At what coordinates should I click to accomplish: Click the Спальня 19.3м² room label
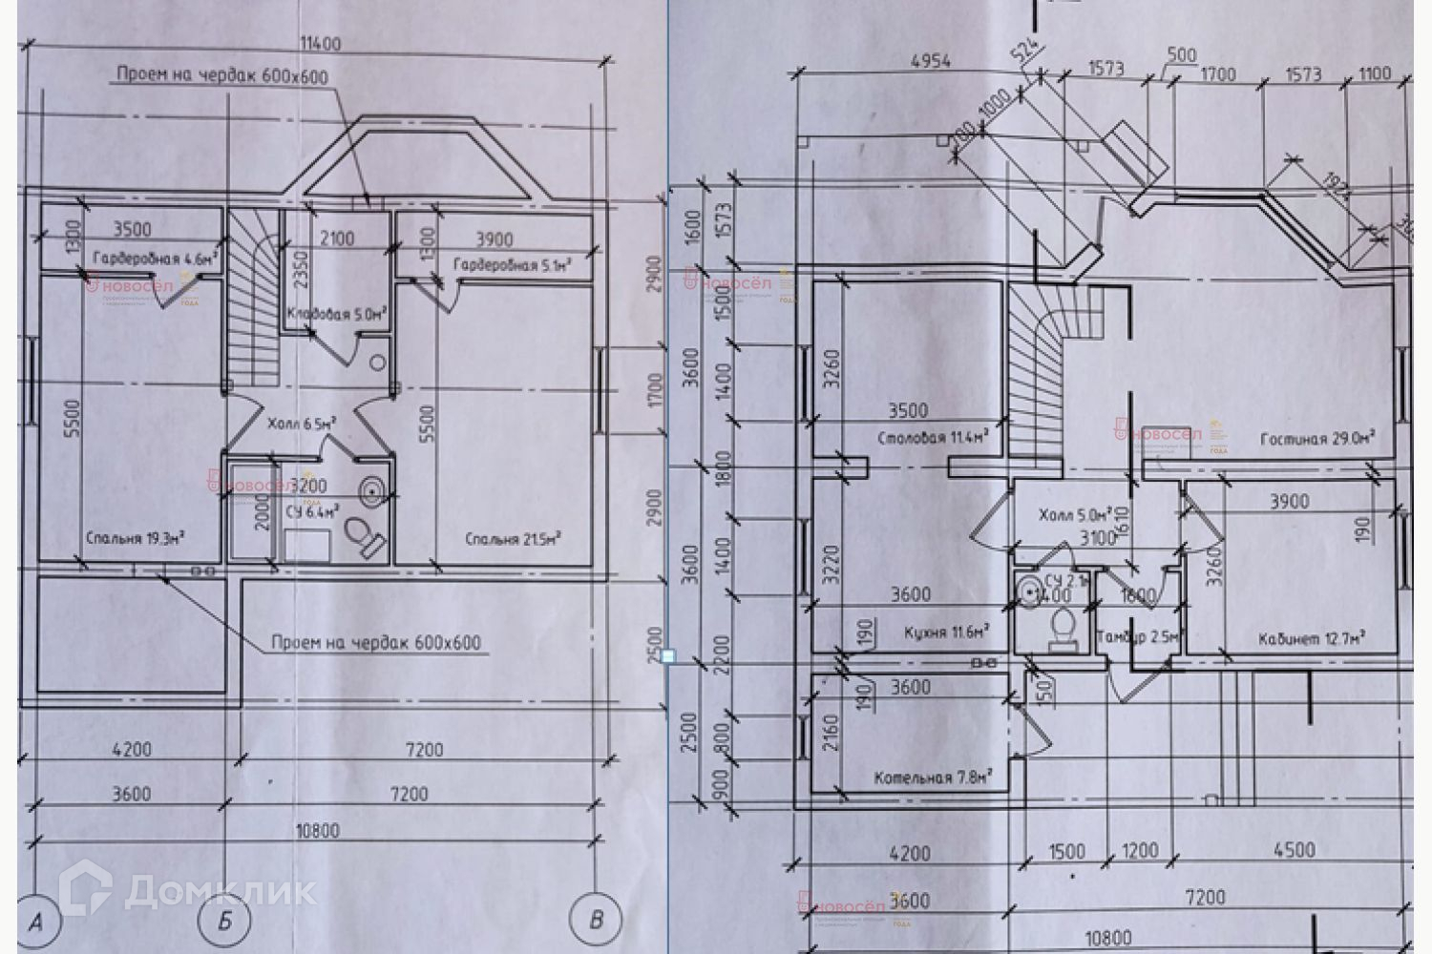click(x=135, y=538)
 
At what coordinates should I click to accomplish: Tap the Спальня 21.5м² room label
click(x=512, y=539)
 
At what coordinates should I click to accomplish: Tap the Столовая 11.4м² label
click(x=931, y=439)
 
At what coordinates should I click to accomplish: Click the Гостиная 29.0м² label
click(x=1316, y=439)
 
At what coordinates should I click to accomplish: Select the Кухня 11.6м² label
click(x=944, y=632)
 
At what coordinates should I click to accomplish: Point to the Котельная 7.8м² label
click(x=931, y=778)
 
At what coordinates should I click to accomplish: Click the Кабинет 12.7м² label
click(x=1310, y=638)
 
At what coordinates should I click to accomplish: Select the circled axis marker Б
click(x=225, y=921)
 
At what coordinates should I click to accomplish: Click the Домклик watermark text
click(x=220, y=891)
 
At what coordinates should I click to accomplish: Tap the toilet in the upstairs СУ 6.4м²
click(x=365, y=537)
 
